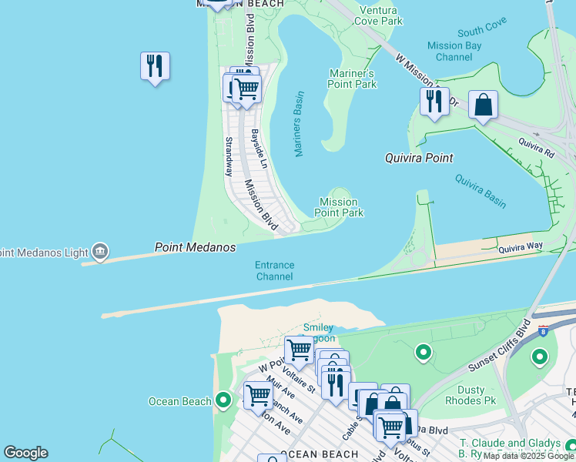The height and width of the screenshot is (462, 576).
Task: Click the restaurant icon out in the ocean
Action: coord(155,66)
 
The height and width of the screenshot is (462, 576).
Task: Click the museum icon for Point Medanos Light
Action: coord(99,251)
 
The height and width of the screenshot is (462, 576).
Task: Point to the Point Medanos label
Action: coord(194,248)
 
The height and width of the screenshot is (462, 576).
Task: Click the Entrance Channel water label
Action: coord(275,270)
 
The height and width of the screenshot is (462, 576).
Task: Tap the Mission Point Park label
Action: coord(340,207)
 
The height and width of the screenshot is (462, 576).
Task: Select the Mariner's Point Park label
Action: coord(353,79)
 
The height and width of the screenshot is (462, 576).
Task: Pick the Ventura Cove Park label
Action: coord(380,15)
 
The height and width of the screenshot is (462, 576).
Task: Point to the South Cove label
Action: coord(481,32)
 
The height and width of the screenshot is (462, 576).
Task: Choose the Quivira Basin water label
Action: coord(480,191)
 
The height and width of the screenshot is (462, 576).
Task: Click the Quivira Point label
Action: coord(419,158)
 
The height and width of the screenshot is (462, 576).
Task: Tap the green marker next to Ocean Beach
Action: coord(223,400)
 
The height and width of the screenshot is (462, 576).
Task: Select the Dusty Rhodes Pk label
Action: coord(471,395)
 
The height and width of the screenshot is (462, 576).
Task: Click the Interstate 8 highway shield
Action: coord(544,331)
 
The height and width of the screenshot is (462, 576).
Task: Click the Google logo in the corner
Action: coord(25,453)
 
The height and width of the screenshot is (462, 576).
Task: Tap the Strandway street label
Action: coord(229,156)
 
